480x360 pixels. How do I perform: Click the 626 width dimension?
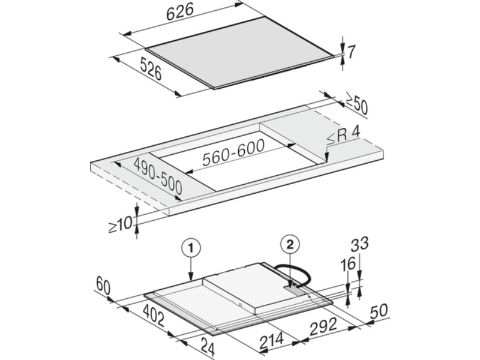coord(180,12)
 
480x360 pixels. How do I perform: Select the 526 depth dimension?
coord(151,69)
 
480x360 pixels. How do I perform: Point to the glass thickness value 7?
coord(351,52)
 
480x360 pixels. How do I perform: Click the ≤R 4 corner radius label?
coord(343,135)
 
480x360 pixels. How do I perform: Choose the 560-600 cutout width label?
coord(233,152)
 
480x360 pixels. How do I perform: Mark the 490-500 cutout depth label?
coord(158,176)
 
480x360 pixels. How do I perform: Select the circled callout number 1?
coord(191,248)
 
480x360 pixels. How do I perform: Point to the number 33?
coord(359,244)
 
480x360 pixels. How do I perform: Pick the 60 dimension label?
coord(103,285)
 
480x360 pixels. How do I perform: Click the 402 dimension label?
coord(154,316)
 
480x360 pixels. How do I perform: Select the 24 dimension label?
coord(208,347)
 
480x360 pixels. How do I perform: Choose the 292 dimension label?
coord(323,326)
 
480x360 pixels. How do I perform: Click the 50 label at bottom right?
coord(379,311)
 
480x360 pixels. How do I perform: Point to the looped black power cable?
coord(293,274)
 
